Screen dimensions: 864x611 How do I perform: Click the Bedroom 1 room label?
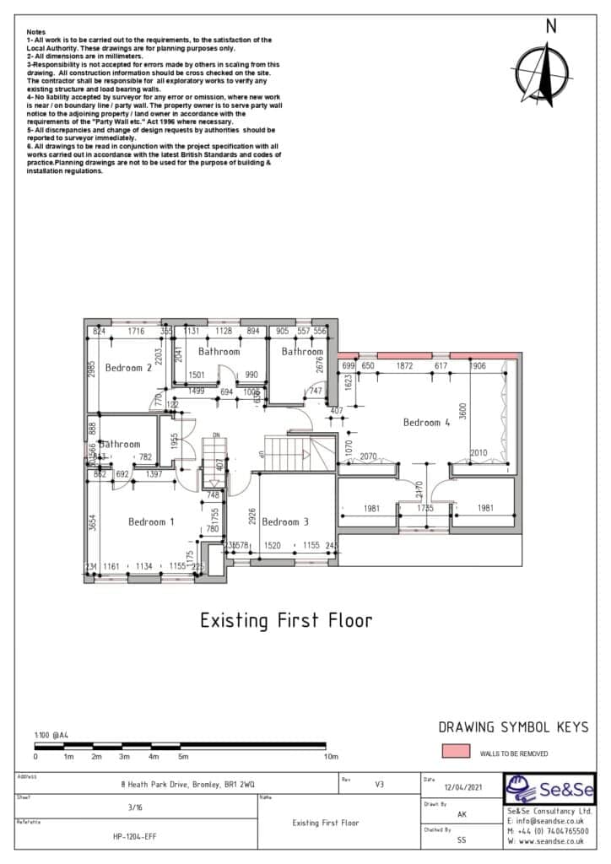[151, 522]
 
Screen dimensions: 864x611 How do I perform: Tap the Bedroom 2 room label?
[128, 368]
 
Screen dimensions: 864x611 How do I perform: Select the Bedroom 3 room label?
[285, 522]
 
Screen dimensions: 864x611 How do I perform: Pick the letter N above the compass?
[551, 26]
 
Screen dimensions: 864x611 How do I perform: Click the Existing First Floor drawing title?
[285, 621]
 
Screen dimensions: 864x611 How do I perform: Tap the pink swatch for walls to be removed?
[456, 752]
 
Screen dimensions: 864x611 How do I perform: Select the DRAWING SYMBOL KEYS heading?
[513, 727]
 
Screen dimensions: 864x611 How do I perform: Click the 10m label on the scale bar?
[332, 757]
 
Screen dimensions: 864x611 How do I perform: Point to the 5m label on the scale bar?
[183, 757]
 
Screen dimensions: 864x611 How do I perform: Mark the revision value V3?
[379, 784]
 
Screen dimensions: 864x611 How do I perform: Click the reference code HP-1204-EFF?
[135, 836]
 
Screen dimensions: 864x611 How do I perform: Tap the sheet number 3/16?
[135, 807]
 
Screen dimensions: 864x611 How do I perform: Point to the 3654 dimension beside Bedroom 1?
[93, 523]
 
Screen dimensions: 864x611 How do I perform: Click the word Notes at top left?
[35, 31]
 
